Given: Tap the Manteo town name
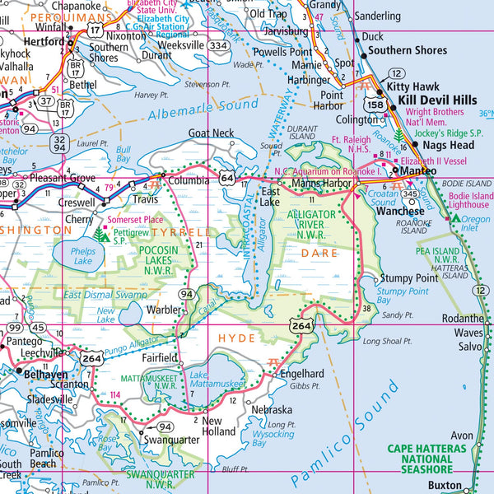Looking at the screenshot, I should pyautogui.click(x=417, y=171).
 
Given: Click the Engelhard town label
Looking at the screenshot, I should pyautogui.click(x=303, y=372).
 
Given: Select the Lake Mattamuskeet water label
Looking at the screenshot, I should pyautogui.click(x=210, y=380).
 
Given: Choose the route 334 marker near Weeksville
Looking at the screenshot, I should pyautogui.click(x=218, y=46).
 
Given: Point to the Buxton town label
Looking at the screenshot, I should pyautogui.click(x=445, y=487).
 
